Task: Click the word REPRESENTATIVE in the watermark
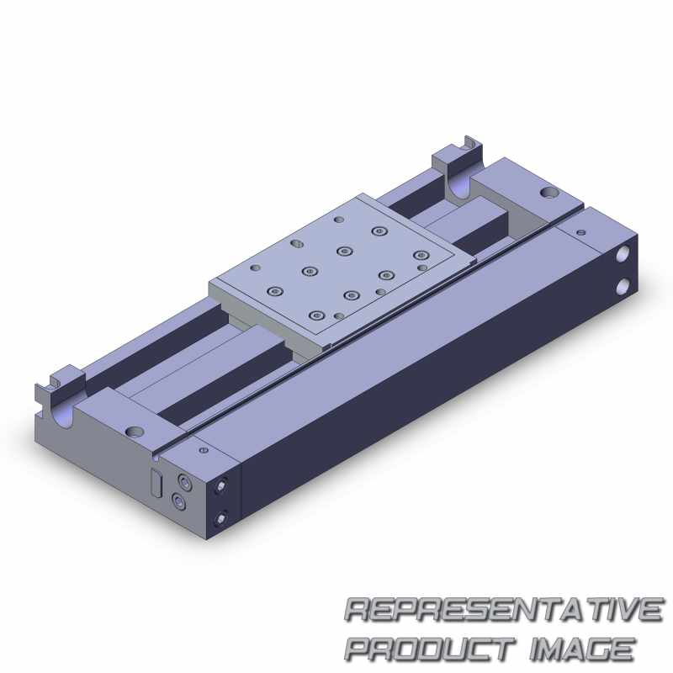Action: click(x=504, y=610)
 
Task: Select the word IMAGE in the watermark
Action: click(x=582, y=649)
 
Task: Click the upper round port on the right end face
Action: click(x=623, y=255)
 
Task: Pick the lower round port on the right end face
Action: click(x=623, y=287)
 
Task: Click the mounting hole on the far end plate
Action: click(x=548, y=193)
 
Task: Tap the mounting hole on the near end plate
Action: click(x=135, y=431)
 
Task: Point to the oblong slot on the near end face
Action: click(x=156, y=483)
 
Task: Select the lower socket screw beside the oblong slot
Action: click(x=178, y=501)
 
